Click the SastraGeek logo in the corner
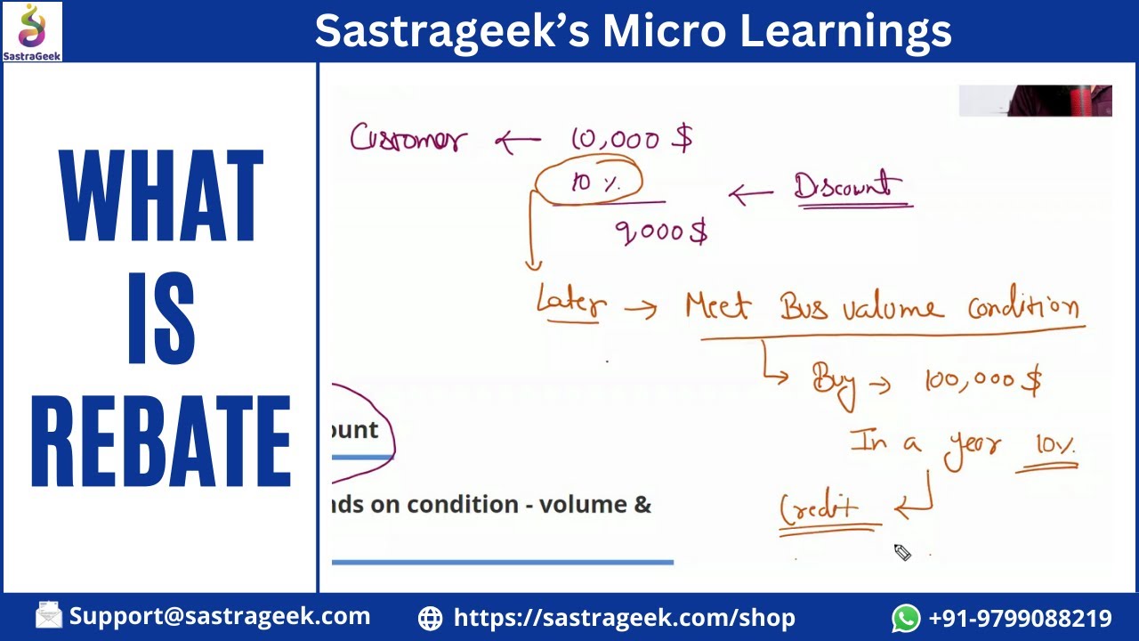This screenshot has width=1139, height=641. coord(32,31)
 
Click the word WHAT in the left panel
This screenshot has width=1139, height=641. coord(161,197)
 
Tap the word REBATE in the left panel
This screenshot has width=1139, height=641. coord(161,442)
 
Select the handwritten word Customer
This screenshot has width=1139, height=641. coord(408,140)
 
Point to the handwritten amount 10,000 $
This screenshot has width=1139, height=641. coord(631,138)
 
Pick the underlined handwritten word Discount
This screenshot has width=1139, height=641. coord(848,188)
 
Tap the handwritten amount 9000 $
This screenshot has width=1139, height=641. coord(661,232)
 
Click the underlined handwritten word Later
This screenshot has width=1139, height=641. coord(571,304)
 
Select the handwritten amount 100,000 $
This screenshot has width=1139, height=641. coord(982,381)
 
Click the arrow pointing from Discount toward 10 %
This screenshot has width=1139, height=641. coord(751,194)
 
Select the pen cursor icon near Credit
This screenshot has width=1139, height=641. coord(902,553)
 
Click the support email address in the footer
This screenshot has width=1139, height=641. coord(219,616)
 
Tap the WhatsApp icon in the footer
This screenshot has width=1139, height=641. coord(906,618)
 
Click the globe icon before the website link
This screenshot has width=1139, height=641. coord(430,618)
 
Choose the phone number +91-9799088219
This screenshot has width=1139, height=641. coord(1020,618)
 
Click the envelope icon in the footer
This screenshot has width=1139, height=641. coord(49,615)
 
